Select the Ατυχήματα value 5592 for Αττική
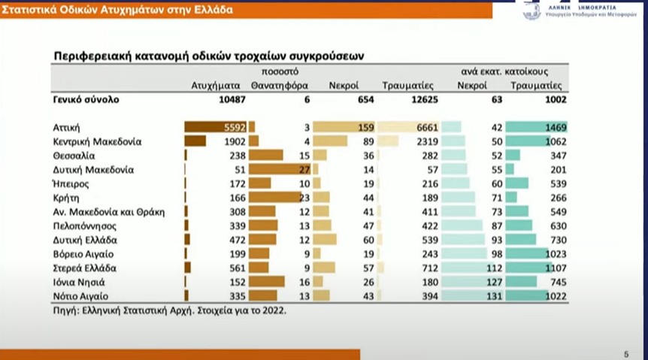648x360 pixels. click(x=226, y=128)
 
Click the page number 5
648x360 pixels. click(x=626, y=353)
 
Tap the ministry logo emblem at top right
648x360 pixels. click(x=532, y=10)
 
